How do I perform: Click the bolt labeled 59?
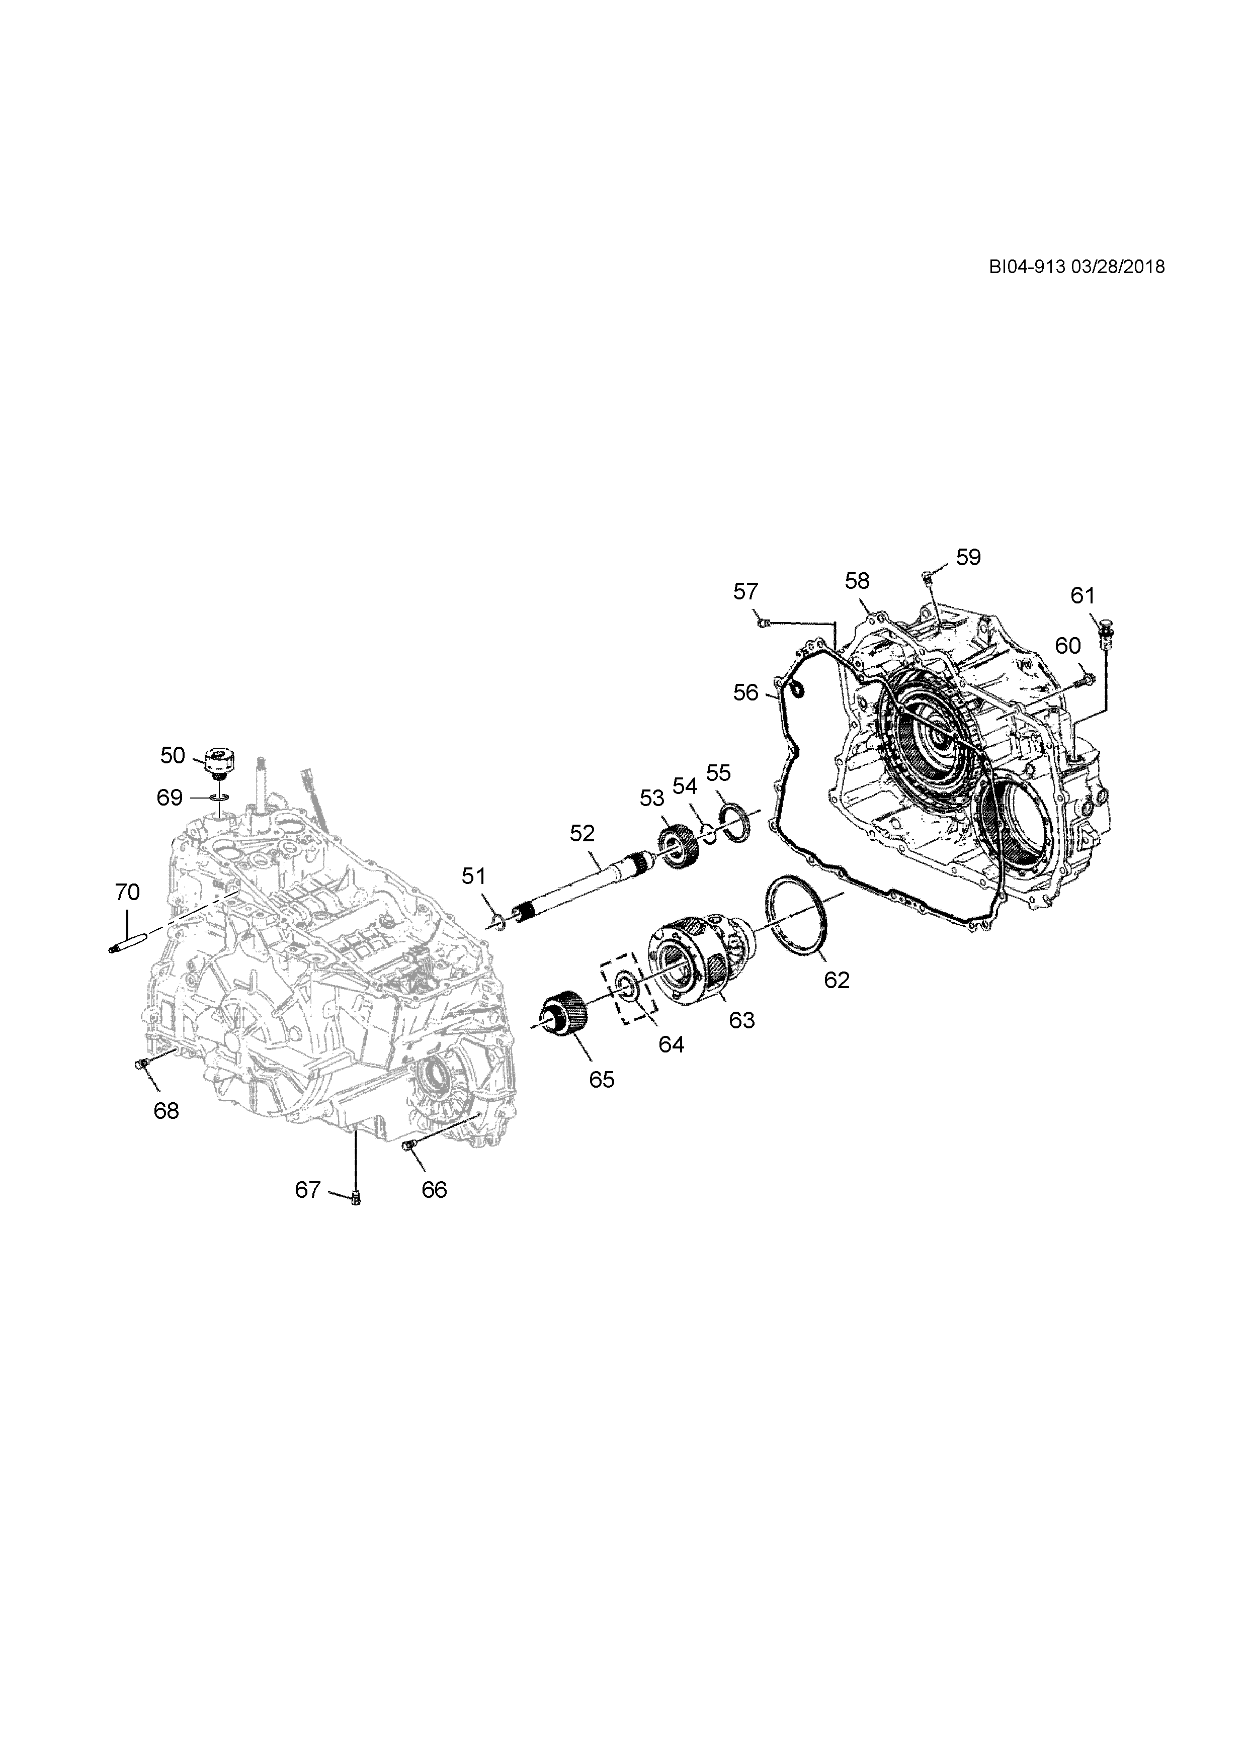click(x=927, y=573)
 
